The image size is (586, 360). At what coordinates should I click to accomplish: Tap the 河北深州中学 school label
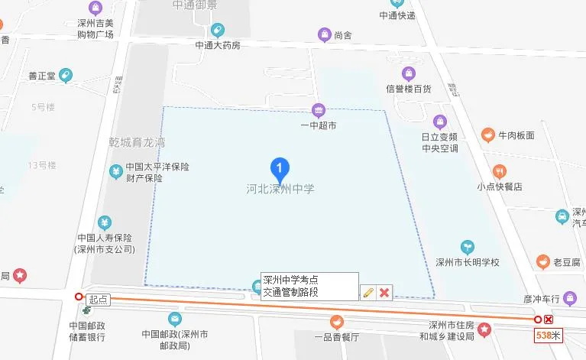click(x=280, y=188)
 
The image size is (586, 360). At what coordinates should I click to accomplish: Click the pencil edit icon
click(x=368, y=292)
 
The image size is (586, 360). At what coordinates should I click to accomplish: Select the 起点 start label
click(x=98, y=299)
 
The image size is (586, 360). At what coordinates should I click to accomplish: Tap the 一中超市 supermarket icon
click(x=319, y=110)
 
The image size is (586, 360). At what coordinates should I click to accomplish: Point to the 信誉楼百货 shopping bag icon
click(x=409, y=73)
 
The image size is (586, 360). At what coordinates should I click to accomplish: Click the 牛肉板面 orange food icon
click(x=487, y=135)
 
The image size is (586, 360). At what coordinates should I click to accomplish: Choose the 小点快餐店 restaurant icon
click(x=500, y=170)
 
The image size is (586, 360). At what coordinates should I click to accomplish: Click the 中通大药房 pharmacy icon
click(x=218, y=31)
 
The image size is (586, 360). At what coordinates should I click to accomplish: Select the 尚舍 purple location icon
click(x=324, y=34)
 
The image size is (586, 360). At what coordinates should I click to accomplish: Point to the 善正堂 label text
click(x=43, y=75)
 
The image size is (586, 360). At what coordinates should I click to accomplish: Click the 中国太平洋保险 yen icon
click(x=116, y=170)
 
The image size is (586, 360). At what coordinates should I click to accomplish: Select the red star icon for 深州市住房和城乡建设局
click(x=485, y=329)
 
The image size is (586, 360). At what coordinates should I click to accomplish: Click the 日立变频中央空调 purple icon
click(x=439, y=121)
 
